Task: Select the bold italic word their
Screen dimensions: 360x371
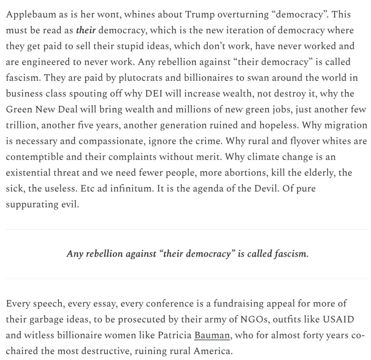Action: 86,30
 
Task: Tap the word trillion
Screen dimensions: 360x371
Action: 21,125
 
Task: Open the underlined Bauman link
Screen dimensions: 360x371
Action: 212,335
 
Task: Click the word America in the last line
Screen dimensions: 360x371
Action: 213,351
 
